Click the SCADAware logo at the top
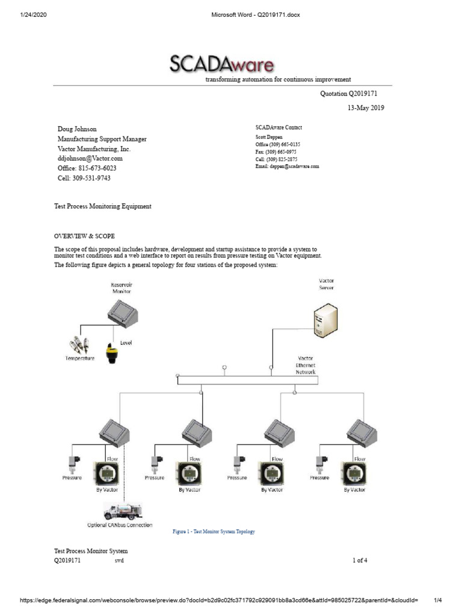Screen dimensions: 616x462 (222, 64)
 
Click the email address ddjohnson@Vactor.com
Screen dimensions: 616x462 (90, 158)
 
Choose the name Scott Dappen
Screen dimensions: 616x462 (269, 138)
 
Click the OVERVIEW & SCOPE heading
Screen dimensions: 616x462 (84, 235)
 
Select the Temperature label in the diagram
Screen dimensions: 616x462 (80, 359)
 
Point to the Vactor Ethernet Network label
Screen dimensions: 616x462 (305, 365)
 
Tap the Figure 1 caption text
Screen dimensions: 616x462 (214, 532)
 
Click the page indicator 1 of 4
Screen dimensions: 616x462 (360, 561)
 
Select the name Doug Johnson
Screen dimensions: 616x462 (76, 129)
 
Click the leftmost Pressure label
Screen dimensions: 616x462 (72, 478)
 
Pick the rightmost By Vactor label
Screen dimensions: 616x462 (354, 490)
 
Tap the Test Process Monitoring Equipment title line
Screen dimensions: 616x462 (103, 206)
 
